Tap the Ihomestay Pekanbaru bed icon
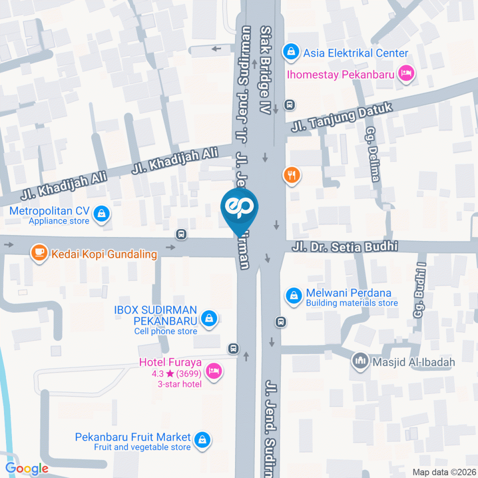coord(406,74)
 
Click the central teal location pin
coord(240,208)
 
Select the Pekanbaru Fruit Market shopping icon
coord(202,439)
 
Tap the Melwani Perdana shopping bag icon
coord(294,296)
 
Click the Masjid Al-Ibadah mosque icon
coord(359,360)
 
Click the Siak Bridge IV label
coord(266,70)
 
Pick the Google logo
coord(27,468)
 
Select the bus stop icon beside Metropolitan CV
coord(182,234)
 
